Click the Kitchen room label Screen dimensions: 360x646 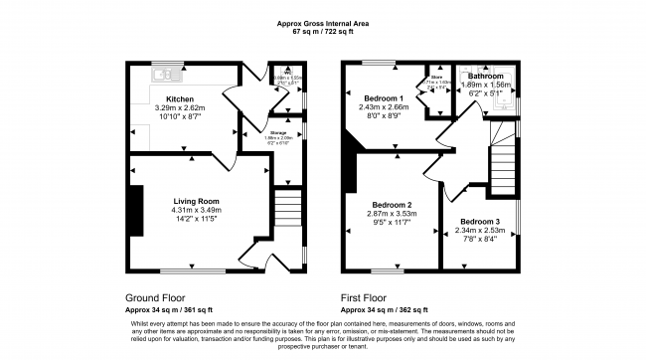179,99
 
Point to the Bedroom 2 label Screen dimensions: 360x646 391,204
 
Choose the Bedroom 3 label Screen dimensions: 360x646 480,221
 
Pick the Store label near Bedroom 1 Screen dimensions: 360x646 435,76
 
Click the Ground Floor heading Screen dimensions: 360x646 154,297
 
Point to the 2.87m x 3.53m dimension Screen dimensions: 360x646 391,213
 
